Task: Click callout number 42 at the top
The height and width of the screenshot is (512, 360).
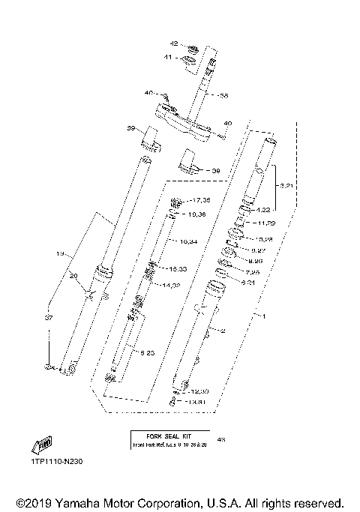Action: pos(174,43)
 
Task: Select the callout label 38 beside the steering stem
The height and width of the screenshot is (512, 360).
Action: pos(223,95)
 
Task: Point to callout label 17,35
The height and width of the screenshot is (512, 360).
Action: pos(200,200)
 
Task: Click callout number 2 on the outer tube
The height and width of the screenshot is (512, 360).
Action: pos(223,330)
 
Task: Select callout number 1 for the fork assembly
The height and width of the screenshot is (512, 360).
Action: pos(263,316)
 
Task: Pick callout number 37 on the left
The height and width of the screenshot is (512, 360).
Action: pos(49,319)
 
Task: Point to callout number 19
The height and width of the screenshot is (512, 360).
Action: pos(62,255)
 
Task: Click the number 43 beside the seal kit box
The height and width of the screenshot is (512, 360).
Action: pos(220,439)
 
